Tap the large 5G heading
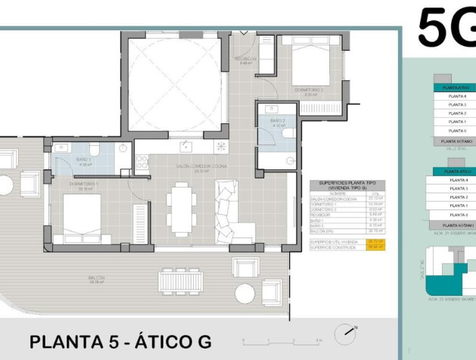pos(446,29)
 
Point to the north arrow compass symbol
pos(348,331)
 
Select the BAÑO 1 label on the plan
pos(84,160)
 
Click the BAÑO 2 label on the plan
pos(277,122)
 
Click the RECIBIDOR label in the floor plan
pos(246,60)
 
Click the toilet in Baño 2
pos(287,132)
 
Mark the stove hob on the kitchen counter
pos(141,160)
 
